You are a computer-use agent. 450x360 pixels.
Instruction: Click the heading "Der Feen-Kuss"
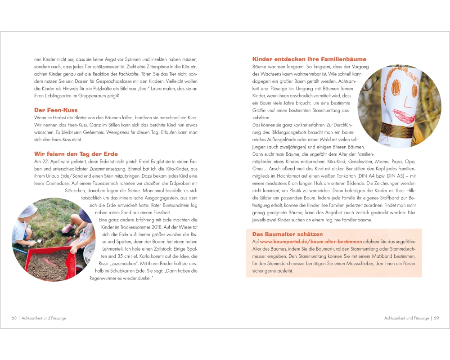pyautogui.click(x=56, y=110)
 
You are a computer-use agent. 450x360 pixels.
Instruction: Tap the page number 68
pyautogui.click(x=14, y=318)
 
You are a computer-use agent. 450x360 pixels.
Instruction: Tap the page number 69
pyautogui.click(x=436, y=318)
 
